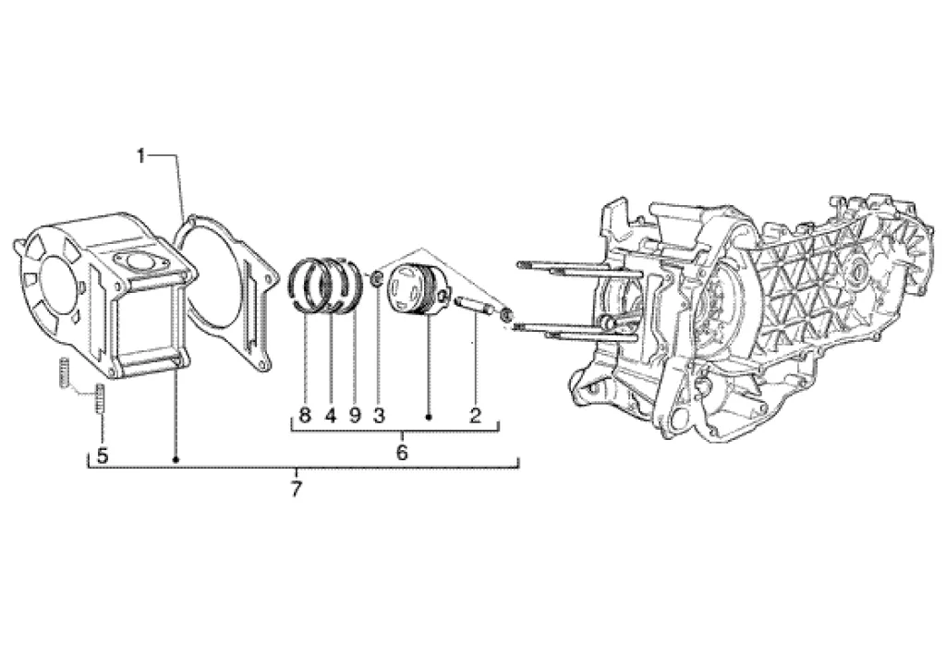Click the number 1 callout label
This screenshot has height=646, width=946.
141,156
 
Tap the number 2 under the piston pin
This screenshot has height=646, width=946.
475,415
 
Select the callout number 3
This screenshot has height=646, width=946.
378,415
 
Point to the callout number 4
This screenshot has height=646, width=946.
330,415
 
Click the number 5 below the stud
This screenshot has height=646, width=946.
102,455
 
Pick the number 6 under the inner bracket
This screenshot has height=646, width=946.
402,453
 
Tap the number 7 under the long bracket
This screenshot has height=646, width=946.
297,490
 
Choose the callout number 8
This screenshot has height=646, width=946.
305,415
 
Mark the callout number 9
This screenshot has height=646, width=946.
354,415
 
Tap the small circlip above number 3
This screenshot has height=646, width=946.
377,278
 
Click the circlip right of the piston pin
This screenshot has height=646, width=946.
506,315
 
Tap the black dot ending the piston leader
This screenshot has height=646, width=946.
429,418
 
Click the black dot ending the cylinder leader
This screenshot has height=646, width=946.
176,458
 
